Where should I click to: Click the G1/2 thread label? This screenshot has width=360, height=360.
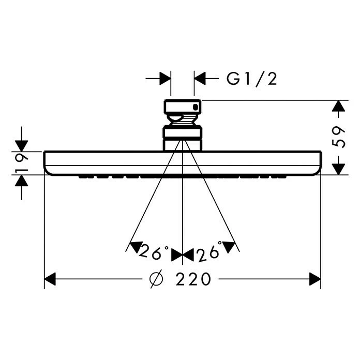click(251, 79)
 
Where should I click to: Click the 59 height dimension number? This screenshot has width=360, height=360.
click(339, 137)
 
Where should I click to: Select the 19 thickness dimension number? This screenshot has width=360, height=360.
click(22, 163)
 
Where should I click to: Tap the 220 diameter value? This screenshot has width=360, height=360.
click(193, 279)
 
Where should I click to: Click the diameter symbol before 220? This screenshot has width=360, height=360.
click(156, 279)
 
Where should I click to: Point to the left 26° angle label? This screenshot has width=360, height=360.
click(154, 251)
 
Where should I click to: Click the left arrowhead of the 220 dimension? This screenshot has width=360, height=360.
click(50, 279)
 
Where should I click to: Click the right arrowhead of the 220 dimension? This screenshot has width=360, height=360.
click(315, 279)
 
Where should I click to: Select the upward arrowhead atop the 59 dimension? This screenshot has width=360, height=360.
click(338, 106)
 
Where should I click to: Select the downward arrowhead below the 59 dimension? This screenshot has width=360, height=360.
click(338, 169)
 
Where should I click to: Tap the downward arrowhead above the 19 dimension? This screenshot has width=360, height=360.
click(22, 146)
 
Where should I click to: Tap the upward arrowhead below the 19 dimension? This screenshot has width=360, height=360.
click(22, 181)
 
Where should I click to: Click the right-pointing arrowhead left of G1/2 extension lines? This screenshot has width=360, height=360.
click(165, 79)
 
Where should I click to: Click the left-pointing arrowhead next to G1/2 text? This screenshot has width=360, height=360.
click(200, 79)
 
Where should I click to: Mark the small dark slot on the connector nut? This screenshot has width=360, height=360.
click(196, 107)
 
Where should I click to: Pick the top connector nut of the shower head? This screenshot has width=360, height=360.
click(183, 107)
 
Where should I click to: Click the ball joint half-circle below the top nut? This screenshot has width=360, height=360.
click(174, 118)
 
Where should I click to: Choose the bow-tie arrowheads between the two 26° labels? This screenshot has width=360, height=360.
click(183, 255)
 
